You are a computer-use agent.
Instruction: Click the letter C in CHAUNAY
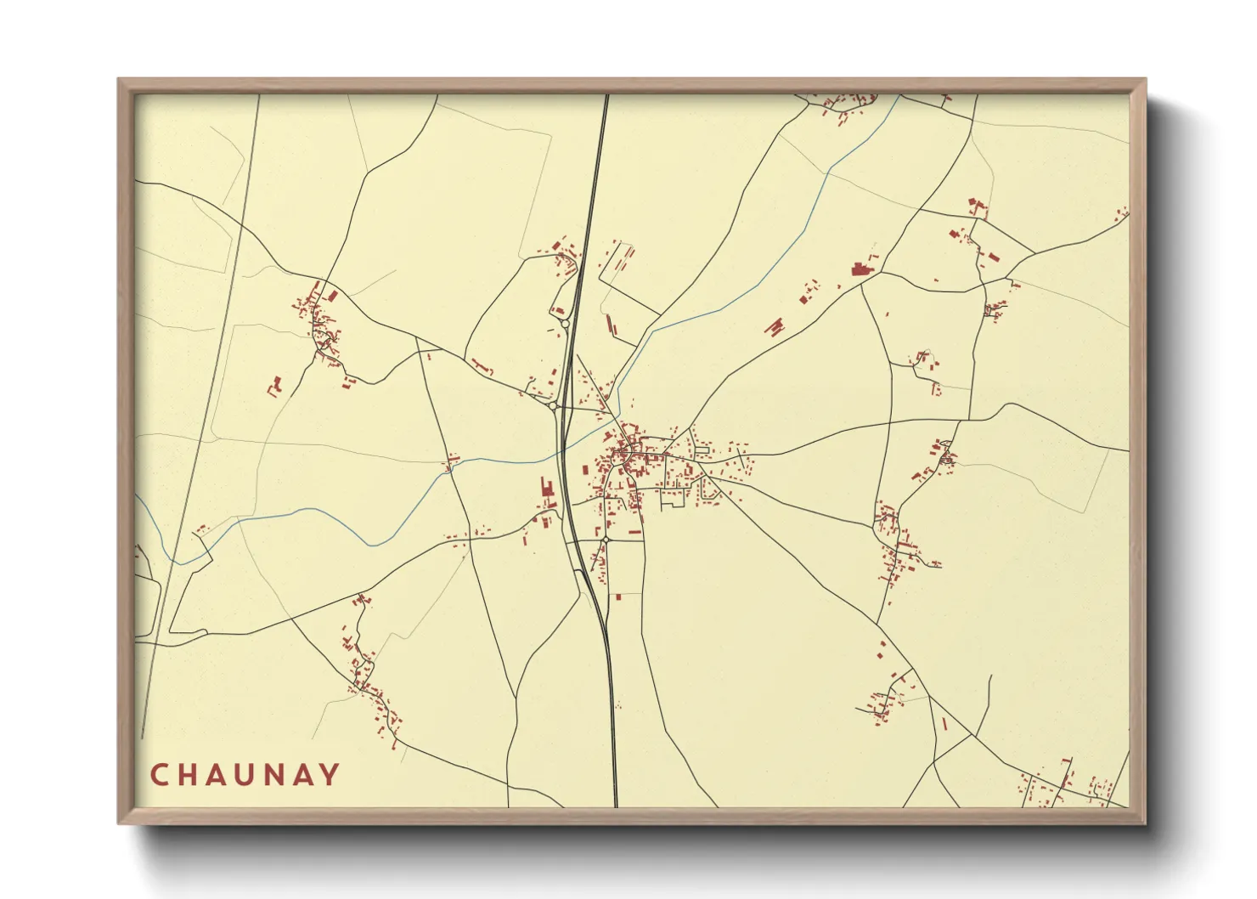coord(159,775)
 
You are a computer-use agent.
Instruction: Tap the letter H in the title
coord(189,775)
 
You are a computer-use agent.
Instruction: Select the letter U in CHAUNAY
coord(246,775)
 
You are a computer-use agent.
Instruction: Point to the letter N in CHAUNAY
coord(276,775)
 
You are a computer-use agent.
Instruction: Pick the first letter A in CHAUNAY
coord(217,775)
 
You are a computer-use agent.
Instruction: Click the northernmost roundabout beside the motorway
coord(565,324)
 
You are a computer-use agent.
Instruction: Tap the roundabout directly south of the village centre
coord(606,540)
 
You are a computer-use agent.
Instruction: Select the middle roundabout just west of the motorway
coord(554,407)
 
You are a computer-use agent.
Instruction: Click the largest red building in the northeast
coord(861,270)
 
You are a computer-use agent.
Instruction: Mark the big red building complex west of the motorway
coord(546,491)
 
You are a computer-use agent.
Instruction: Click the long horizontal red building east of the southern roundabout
coord(634,532)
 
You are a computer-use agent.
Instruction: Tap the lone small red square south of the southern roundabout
coord(617,597)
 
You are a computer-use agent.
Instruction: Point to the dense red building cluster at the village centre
coord(626,460)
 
